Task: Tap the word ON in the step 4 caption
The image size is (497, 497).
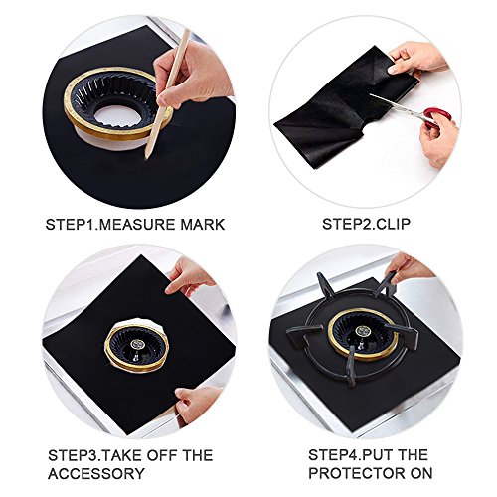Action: click(421, 473)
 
